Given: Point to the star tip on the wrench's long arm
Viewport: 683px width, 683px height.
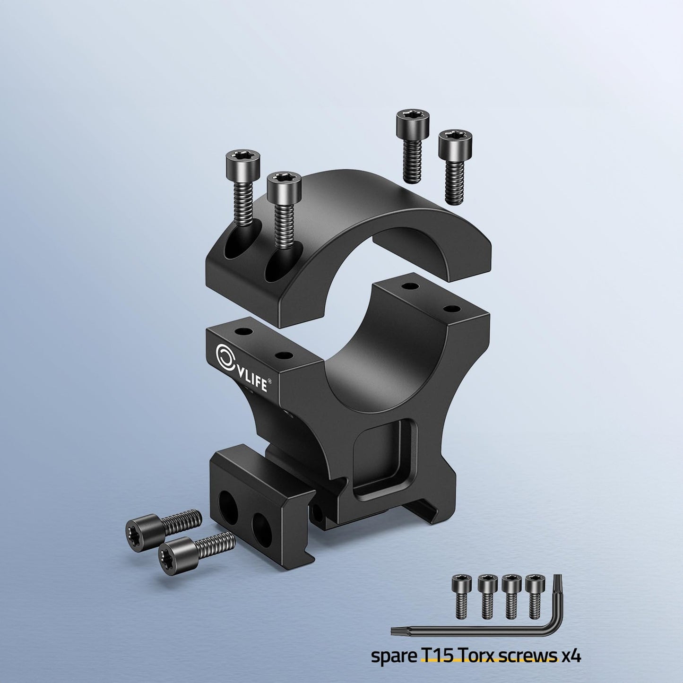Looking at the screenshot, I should coord(397,630).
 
